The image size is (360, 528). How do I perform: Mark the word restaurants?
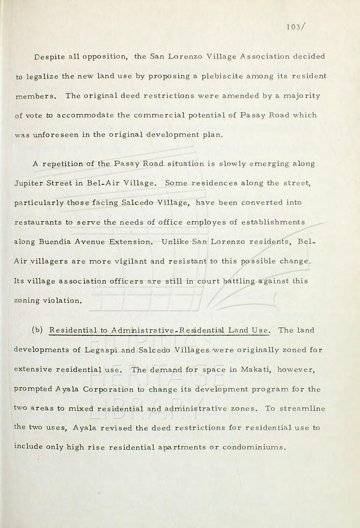pyautogui.click(x=38, y=222)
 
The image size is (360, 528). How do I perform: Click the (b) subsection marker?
pyautogui.click(x=37, y=330)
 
